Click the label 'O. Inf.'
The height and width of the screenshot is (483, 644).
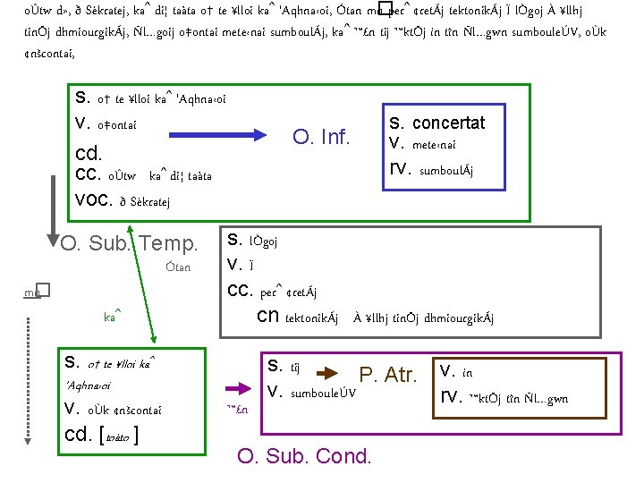point(322,138)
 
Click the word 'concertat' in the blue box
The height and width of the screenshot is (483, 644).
point(448,123)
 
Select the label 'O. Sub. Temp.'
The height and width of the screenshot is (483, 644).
point(129,242)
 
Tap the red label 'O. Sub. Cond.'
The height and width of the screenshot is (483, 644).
point(303,455)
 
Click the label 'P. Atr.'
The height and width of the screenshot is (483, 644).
point(388,376)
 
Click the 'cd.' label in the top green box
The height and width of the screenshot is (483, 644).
point(89,153)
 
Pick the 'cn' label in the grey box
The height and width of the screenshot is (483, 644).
point(267,317)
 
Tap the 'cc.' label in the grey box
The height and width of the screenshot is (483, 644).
point(240,291)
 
